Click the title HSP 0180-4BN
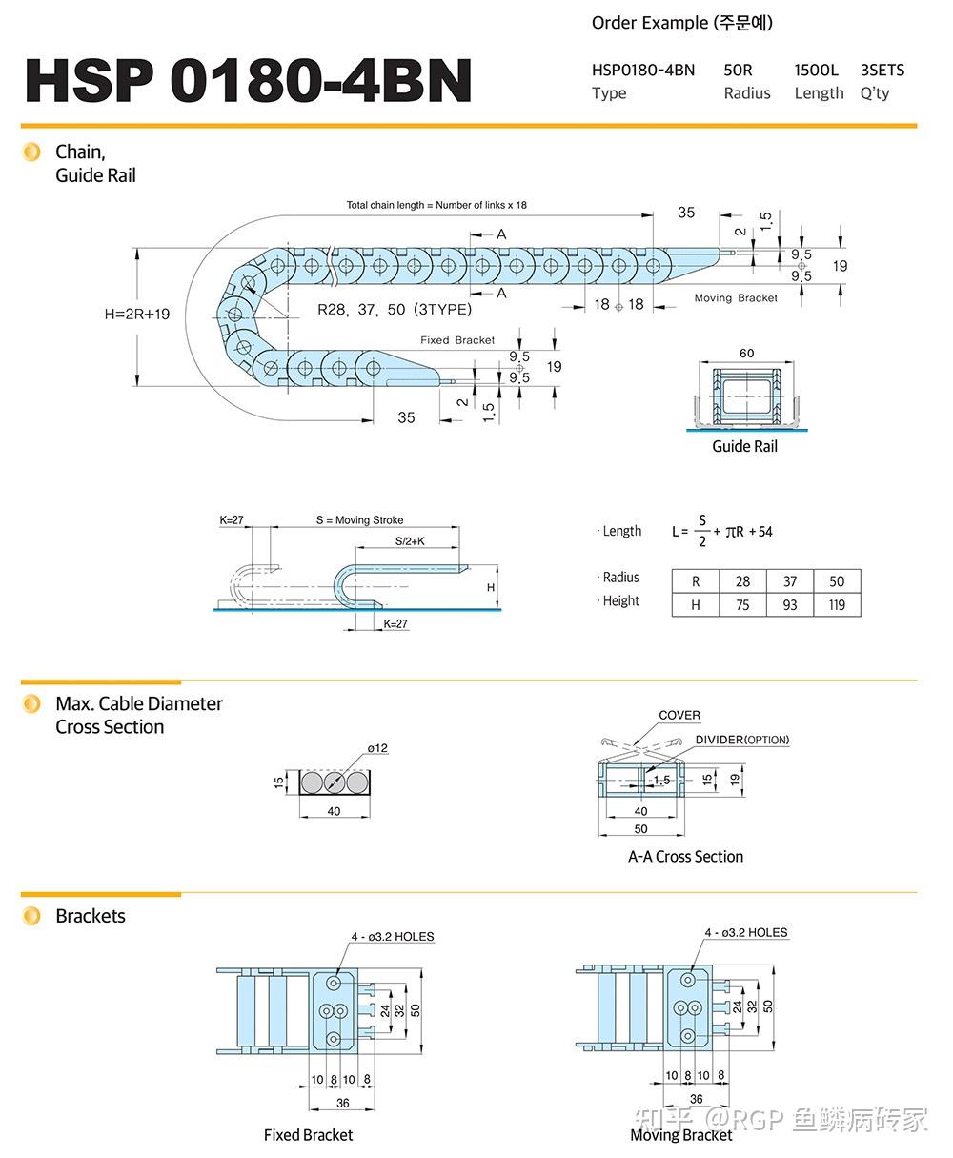pyautogui.click(x=248, y=80)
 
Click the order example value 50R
pyautogui.click(x=738, y=70)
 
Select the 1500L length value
pyautogui.click(x=816, y=70)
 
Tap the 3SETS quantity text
pyautogui.click(x=882, y=70)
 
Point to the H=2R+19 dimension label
pyautogui.click(x=137, y=314)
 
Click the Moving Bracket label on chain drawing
pyautogui.click(x=735, y=298)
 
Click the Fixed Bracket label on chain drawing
pyautogui.click(x=457, y=340)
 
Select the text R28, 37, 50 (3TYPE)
pyautogui.click(x=394, y=309)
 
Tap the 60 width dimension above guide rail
pyautogui.click(x=746, y=354)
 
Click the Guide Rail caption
pyautogui.click(x=744, y=446)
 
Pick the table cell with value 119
pyautogui.click(x=836, y=605)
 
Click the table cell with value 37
pyautogui.click(x=789, y=581)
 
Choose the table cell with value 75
pyautogui.click(x=742, y=605)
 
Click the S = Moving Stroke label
pyautogui.click(x=359, y=520)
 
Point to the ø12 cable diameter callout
pyautogui.click(x=377, y=748)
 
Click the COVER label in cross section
pyautogui.click(x=679, y=715)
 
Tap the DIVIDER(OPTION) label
pyautogui.click(x=741, y=740)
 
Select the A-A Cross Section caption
pyautogui.click(x=685, y=857)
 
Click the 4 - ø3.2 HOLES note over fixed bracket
pyautogui.click(x=392, y=937)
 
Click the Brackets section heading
pyautogui.click(x=91, y=916)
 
